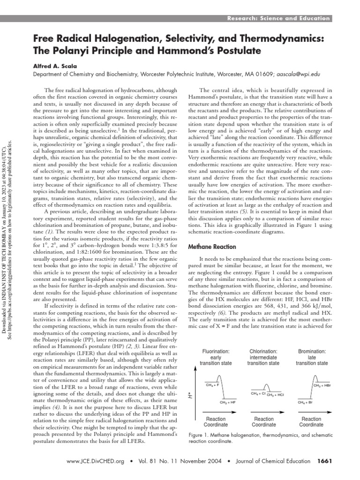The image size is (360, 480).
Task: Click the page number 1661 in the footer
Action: (x=324, y=461)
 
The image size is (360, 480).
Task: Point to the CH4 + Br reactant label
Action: (x=305, y=402)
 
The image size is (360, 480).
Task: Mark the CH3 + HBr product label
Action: (x=322, y=385)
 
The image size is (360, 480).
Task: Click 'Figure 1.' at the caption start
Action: (x=199, y=435)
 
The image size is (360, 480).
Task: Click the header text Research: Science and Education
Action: (x=279, y=18)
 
